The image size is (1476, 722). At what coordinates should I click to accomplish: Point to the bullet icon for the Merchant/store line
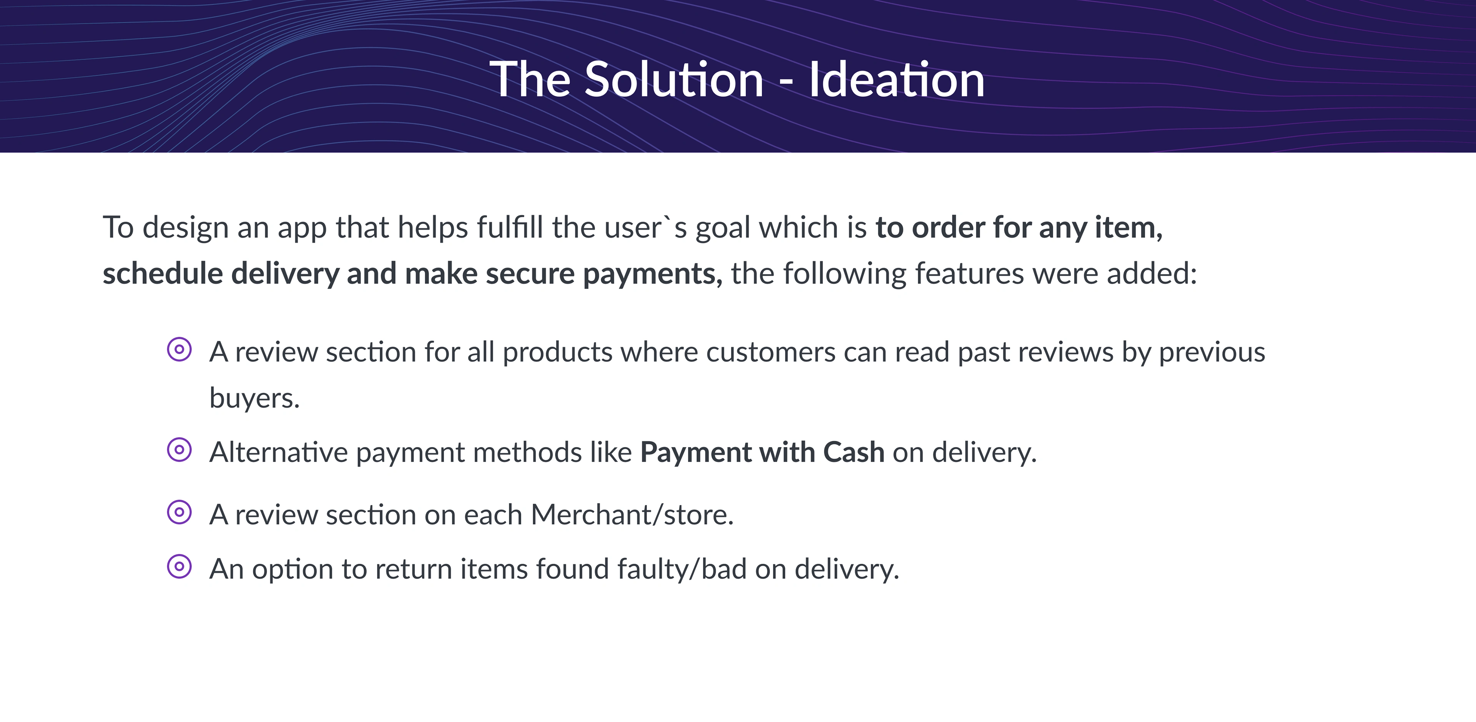180,512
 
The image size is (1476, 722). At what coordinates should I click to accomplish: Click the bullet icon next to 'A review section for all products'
180,349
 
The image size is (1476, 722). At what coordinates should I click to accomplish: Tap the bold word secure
530,274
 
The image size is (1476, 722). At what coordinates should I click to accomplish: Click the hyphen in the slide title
787,84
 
